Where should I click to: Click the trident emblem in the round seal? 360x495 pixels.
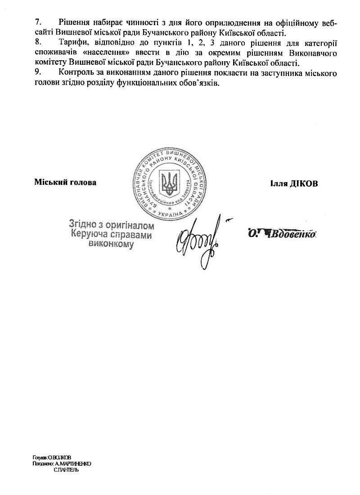tap(169, 183)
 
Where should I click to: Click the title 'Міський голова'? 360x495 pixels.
tap(65, 183)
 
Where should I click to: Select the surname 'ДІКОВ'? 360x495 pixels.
tap(306, 183)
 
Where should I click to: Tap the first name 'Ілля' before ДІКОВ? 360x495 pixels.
tap(279, 183)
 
